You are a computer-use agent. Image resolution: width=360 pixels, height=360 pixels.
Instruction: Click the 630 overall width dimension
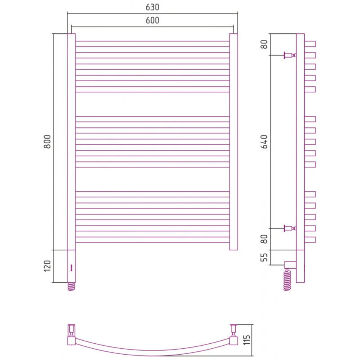point(152,7)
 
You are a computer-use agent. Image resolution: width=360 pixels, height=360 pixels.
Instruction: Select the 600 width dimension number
point(152,20)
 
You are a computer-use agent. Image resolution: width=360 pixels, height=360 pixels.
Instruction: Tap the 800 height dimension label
point(47,142)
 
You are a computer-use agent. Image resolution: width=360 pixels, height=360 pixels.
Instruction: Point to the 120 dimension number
point(47,266)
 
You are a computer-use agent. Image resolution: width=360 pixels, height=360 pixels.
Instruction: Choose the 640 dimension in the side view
point(264,142)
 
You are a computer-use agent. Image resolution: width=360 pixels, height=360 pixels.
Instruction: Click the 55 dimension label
point(264,257)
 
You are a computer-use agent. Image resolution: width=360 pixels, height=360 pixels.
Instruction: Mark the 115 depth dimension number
point(247,340)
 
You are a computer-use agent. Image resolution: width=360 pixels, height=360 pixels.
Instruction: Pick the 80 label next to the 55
point(264,239)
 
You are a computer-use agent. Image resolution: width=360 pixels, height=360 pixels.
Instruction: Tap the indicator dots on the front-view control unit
point(71,268)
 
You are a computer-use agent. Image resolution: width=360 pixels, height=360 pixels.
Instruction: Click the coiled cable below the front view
point(71,286)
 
